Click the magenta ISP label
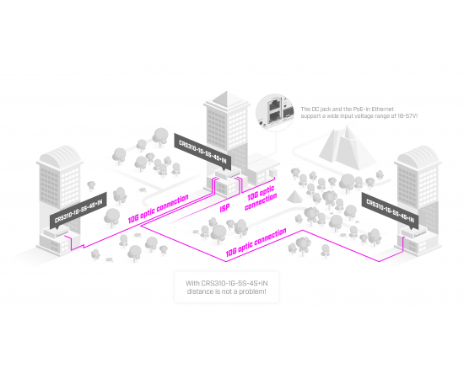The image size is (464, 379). coord(224,208)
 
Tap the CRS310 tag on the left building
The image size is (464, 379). coord(78,211)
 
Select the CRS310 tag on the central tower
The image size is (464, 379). coord(202,152)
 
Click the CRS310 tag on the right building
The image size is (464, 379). coord(391,211)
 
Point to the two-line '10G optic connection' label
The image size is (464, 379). coord(261,198)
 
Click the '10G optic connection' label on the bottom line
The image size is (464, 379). coord(256,243)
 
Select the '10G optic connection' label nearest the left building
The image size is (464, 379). coord(158,209)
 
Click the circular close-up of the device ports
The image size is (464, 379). coord(275,113)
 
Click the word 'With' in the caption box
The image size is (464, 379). coord(192,283)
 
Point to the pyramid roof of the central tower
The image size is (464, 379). coord(227,99)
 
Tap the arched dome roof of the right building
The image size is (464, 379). coord(418,156)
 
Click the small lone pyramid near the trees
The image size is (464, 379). coord(294,197)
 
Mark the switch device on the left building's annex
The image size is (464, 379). coord(57,232)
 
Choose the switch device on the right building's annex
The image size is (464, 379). coord(414,232)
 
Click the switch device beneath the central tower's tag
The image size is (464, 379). coord(228,174)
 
